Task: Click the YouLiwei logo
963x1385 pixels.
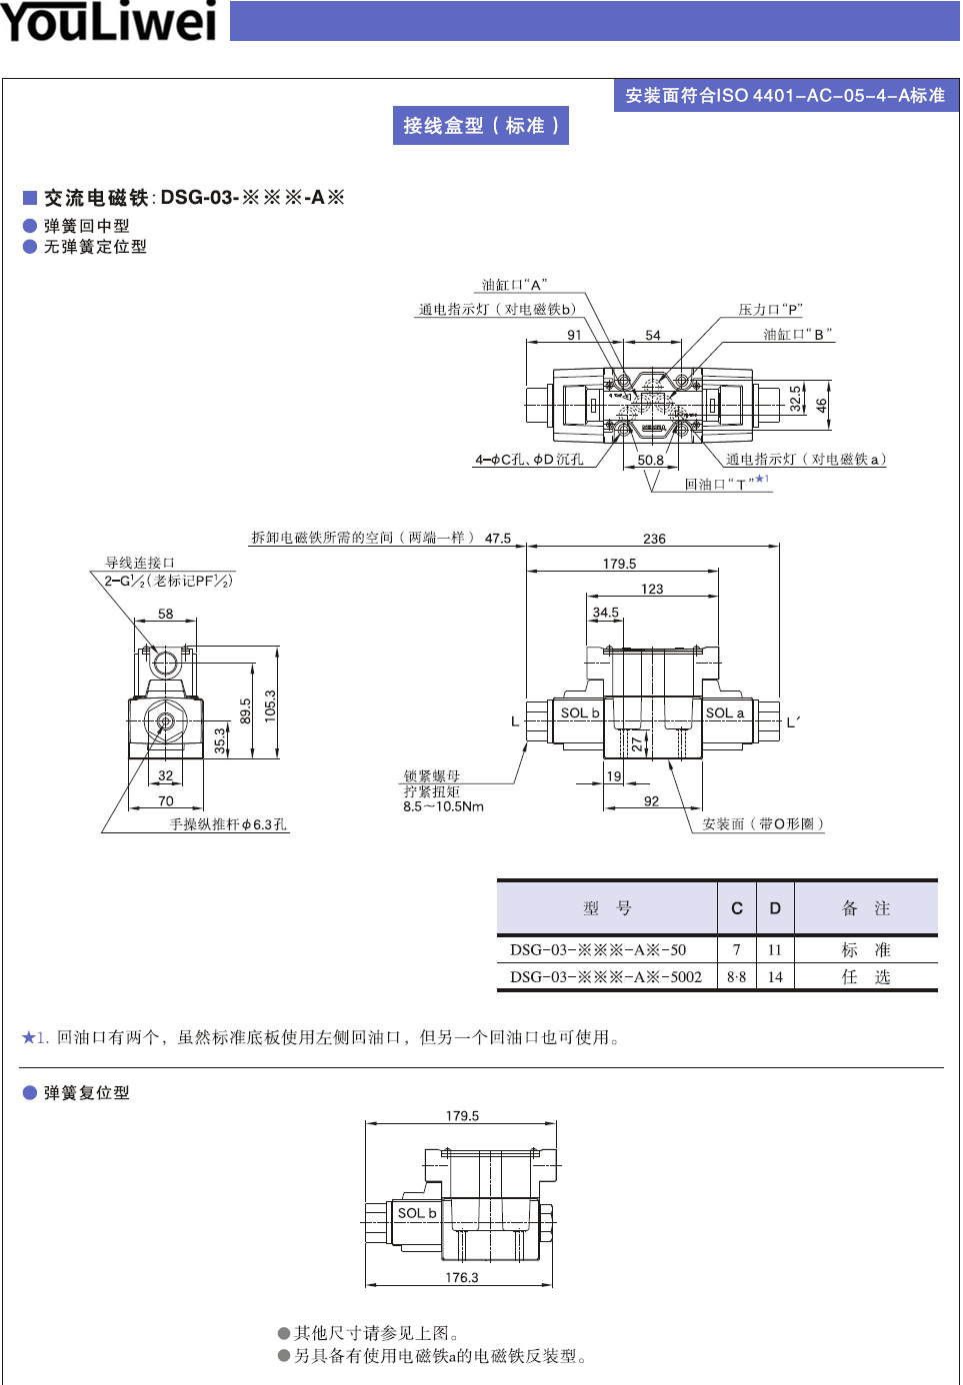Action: [108, 22]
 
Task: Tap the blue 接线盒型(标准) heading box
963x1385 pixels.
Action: [481, 126]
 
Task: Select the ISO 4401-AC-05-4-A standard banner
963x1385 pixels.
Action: [785, 96]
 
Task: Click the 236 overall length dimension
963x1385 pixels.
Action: [654, 539]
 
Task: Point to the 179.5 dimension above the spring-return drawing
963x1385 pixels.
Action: [462, 1116]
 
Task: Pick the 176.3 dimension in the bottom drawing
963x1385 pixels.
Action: [462, 1277]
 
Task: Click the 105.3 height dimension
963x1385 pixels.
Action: [270, 705]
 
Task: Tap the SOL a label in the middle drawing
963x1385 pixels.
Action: [725, 713]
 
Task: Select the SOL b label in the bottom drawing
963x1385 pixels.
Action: [417, 1213]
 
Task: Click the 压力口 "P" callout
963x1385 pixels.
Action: [770, 310]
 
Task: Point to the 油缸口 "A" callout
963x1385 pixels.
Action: [514, 285]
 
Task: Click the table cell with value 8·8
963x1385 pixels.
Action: [736, 977]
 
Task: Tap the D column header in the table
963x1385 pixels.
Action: [775, 908]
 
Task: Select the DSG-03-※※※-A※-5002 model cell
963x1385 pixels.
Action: [606, 977]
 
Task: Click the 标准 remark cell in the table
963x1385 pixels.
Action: [865, 949]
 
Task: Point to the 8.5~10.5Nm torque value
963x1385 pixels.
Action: [443, 806]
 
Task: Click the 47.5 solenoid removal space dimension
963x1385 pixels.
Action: [498, 539]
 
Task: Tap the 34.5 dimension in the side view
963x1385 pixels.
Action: [606, 613]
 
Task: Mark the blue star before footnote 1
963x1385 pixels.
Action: [28, 1037]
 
